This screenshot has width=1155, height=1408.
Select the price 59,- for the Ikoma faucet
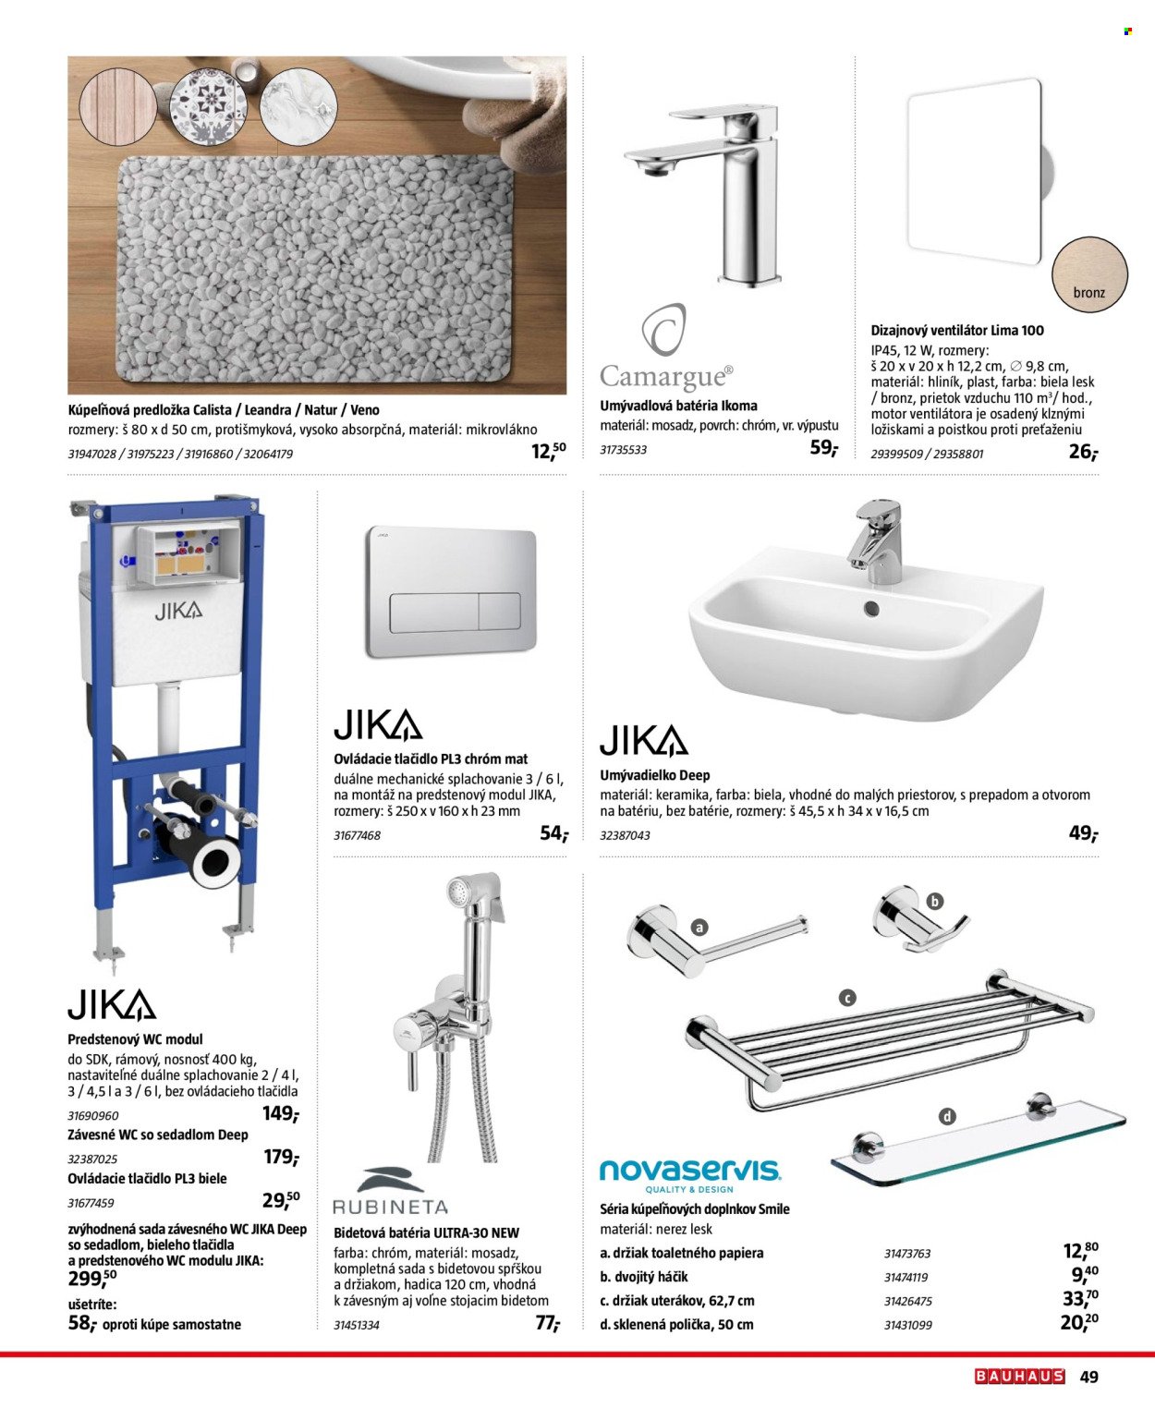(x=822, y=449)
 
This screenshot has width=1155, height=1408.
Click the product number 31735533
(x=623, y=450)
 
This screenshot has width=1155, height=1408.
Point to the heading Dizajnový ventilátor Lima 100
(x=957, y=330)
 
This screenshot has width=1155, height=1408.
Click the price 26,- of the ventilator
(x=1082, y=452)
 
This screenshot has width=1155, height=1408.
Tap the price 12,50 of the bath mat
(x=548, y=451)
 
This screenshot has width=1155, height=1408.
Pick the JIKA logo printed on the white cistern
(x=178, y=611)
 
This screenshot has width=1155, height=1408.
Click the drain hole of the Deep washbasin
(x=870, y=609)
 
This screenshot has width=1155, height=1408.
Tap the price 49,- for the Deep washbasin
(x=1082, y=833)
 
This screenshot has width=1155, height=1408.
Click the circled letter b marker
(x=934, y=902)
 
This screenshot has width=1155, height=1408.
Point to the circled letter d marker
(x=946, y=1116)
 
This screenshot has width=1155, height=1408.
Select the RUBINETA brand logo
(x=389, y=1193)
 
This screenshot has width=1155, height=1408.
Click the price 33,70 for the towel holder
(x=1080, y=1299)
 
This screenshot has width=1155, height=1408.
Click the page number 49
(x=1089, y=1377)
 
